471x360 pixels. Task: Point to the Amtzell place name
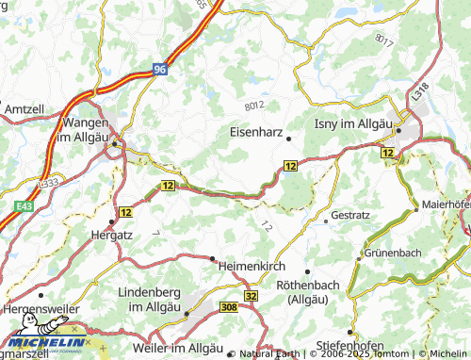(x=24, y=110)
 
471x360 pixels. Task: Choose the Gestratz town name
(x=350, y=215)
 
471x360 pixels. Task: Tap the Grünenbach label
(x=392, y=254)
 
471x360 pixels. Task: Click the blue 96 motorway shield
(x=161, y=69)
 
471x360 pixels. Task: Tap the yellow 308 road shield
(x=228, y=307)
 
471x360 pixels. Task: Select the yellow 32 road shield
(x=251, y=296)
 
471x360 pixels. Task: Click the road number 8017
(x=382, y=41)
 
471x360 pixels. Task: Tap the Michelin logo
(x=43, y=345)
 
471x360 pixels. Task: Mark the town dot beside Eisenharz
(x=289, y=139)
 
